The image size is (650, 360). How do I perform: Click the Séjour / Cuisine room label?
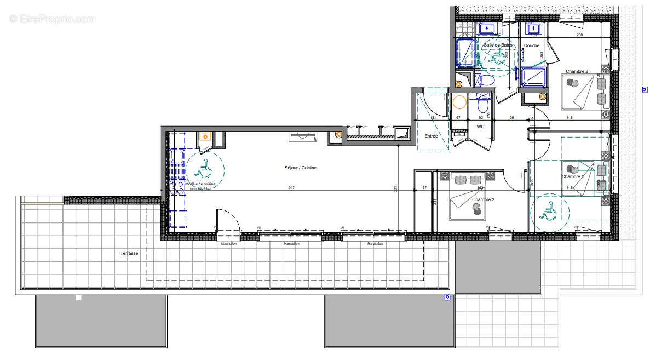click(x=300, y=168)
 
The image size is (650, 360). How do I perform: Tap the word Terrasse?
click(x=129, y=254)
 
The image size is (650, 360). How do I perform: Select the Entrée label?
click(x=431, y=136)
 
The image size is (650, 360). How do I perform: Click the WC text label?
click(x=480, y=127)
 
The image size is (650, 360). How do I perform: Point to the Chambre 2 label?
click(x=577, y=72)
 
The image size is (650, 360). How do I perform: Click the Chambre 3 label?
click(x=483, y=200)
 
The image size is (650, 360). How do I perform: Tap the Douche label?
click(x=531, y=45)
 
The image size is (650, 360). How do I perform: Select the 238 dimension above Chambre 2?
click(x=579, y=35)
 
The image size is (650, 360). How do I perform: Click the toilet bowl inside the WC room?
click(x=482, y=104)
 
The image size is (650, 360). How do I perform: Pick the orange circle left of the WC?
click(x=459, y=102)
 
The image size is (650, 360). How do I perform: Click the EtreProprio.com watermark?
click(x=53, y=19)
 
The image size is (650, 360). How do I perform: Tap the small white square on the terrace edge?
click(x=79, y=298)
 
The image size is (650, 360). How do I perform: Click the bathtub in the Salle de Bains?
click(x=466, y=54)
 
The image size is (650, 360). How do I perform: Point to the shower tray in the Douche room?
click(x=533, y=77)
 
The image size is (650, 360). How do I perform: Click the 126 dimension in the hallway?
click(x=510, y=117)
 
